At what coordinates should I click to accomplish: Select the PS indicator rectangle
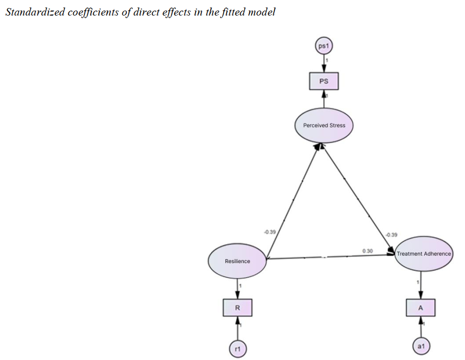pos(324,81)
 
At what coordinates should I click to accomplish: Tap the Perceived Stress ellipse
pos(324,125)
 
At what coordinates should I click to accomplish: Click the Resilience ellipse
pos(237,261)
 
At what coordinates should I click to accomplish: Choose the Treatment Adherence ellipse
pos(424,254)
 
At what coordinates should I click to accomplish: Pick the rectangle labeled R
pos(237,308)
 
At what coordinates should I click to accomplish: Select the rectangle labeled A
pos(421,308)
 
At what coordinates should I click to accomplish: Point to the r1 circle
pos(237,346)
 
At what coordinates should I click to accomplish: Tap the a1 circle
pos(421,346)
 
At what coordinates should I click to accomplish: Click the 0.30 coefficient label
pos(367,250)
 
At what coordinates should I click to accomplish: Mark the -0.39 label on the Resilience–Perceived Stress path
pos(269,232)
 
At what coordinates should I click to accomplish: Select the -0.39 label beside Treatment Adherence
pos(391,234)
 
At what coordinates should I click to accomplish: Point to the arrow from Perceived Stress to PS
pos(324,99)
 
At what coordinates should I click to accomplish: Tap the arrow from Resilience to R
pos(237,288)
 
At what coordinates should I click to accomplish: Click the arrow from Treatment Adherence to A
pos(421,285)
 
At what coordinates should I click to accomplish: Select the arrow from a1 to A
pos(421,327)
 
